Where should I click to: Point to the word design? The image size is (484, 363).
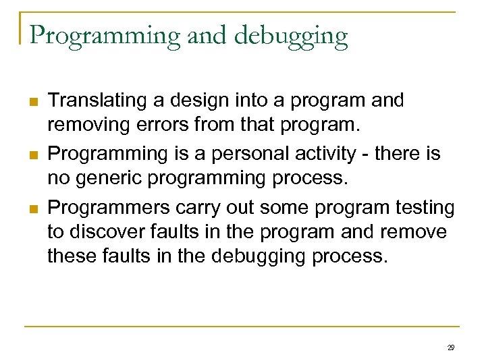(198, 101)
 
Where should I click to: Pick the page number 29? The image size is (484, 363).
(451, 347)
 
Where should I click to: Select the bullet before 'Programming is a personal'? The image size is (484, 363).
(32, 155)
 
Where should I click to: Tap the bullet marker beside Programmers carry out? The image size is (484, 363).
(32, 208)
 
